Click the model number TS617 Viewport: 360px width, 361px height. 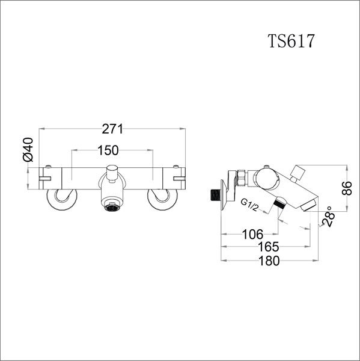(291, 42)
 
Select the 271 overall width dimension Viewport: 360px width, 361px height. (112, 128)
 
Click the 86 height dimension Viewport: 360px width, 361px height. (345, 188)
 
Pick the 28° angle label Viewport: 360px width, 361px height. (328, 217)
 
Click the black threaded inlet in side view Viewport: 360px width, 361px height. (212, 195)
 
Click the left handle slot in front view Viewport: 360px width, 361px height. (45, 178)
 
